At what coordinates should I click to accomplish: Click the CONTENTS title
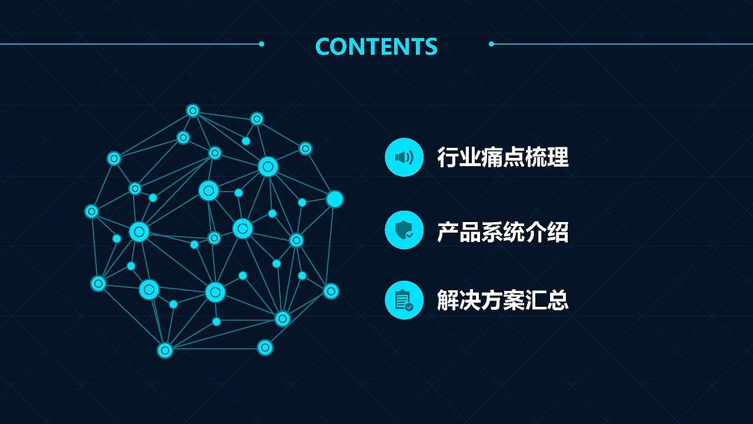click(x=376, y=47)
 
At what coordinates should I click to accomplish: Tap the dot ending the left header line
click(x=261, y=44)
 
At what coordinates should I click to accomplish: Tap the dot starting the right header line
click(x=491, y=44)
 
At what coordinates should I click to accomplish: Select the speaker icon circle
click(x=404, y=157)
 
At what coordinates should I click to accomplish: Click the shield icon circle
click(x=404, y=230)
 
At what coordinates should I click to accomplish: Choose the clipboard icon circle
click(x=404, y=300)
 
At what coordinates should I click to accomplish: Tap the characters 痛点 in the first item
click(x=503, y=157)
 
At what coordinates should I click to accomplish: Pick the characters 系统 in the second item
click(x=503, y=231)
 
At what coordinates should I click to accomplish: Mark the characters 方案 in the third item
click(x=503, y=300)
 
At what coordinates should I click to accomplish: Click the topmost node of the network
click(x=193, y=110)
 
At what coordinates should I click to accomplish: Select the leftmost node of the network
click(x=92, y=211)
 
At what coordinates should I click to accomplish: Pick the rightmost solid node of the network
click(x=335, y=199)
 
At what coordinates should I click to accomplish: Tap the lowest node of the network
click(x=165, y=350)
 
